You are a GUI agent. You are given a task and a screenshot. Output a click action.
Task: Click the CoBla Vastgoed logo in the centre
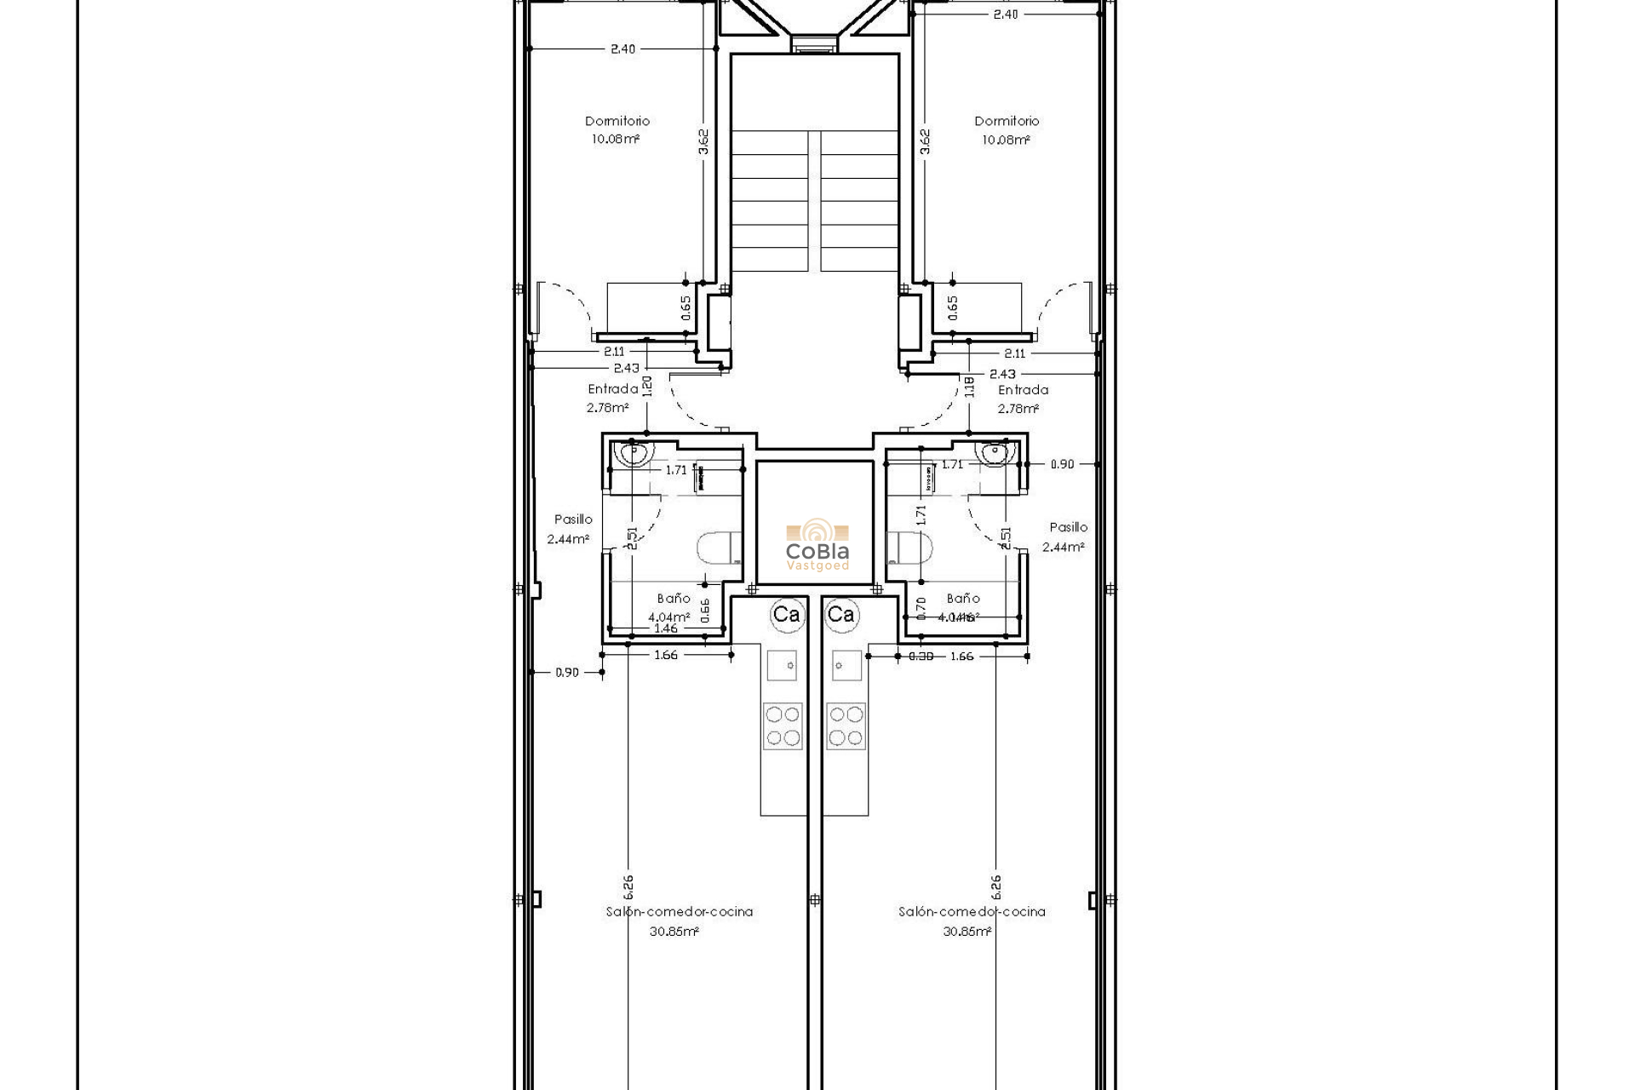point(817,545)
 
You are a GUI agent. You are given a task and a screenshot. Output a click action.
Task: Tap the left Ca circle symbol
point(786,614)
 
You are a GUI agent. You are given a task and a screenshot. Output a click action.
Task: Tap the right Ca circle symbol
point(840,614)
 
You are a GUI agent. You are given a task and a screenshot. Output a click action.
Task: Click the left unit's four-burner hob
point(782,726)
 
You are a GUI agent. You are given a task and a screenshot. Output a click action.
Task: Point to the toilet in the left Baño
point(718,549)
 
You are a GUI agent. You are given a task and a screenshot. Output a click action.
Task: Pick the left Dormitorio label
point(617,121)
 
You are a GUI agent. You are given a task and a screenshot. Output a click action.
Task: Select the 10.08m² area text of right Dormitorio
point(1006,141)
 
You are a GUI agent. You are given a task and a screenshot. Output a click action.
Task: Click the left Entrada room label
point(612,389)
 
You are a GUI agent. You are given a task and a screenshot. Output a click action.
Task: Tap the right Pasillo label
point(1068,527)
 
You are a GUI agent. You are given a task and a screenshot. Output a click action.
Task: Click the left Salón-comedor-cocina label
point(679,911)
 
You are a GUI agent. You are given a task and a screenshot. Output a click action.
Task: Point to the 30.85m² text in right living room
point(967,932)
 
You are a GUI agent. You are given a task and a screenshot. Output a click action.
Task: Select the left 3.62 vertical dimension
point(703,141)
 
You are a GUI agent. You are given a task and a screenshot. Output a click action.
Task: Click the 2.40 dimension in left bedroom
point(622,49)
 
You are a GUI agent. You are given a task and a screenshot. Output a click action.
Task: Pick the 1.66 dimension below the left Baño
point(666,656)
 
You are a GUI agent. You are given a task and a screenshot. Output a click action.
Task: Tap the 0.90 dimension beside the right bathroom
point(1062,464)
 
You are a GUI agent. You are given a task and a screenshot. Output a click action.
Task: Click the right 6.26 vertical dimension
point(996,886)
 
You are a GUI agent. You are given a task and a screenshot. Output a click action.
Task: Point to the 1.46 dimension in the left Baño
point(665,628)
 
